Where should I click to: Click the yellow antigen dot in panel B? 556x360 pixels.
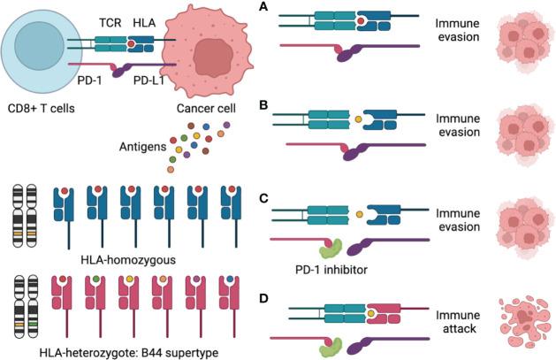pyautogui.click(x=358, y=118)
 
